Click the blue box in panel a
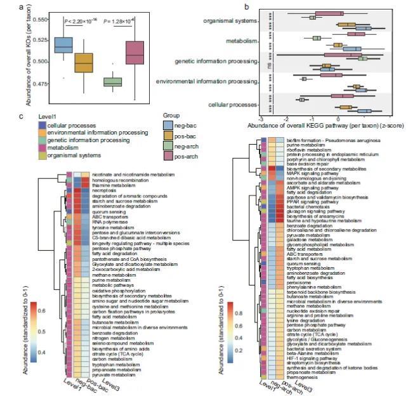tap(63, 46)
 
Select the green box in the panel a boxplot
tap(112, 82)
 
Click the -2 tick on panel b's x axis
tap(287, 119)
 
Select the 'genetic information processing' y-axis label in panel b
tap(215, 62)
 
